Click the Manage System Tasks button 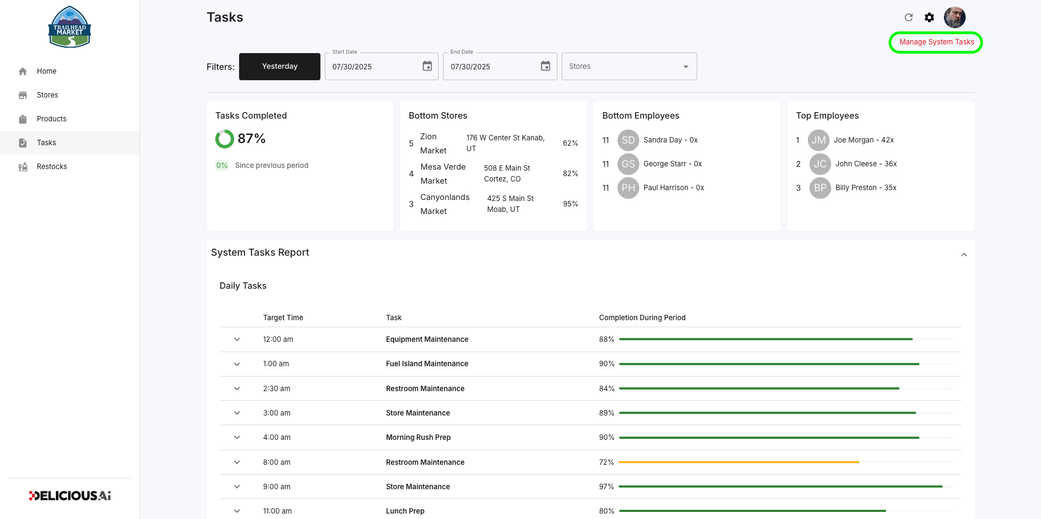click(936, 42)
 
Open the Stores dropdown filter click(629, 67)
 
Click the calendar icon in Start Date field click(427, 66)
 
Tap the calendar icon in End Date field click(545, 66)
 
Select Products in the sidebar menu click(52, 119)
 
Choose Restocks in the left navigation click(52, 166)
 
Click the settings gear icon click(929, 17)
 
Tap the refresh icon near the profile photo click(909, 17)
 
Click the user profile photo click(954, 17)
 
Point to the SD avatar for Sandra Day click(628, 140)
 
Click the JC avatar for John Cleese click(820, 164)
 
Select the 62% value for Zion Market click(570, 143)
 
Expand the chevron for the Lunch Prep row click(237, 511)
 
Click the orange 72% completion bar click(739, 462)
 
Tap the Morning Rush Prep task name click(418, 437)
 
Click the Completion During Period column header click(642, 317)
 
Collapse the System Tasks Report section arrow click(964, 255)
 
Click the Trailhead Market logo click(69, 27)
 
